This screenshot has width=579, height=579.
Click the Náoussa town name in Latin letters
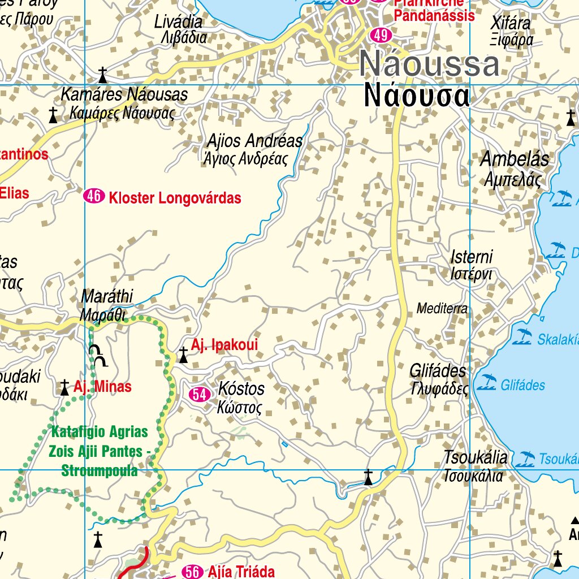tap(429, 64)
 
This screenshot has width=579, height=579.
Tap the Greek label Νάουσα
tap(417, 96)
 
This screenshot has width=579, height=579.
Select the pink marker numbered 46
tap(94, 197)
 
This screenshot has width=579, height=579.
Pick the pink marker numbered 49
tap(381, 35)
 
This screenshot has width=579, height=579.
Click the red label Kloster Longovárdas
tap(175, 198)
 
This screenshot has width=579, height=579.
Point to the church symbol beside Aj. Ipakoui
tap(183, 355)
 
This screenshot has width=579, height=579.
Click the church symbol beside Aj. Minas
tap(65, 388)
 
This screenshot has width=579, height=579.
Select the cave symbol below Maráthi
tap(98, 356)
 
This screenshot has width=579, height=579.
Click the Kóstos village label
tap(241, 389)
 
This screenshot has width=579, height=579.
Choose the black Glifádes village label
tap(438, 371)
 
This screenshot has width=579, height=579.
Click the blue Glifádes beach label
tap(523, 386)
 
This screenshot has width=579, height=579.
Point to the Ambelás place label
tap(515, 159)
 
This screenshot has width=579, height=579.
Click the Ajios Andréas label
tap(254, 141)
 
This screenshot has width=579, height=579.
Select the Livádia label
tap(178, 22)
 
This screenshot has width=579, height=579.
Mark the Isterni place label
tap(472, 257)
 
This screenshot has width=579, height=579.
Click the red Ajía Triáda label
tap(241, 572)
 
